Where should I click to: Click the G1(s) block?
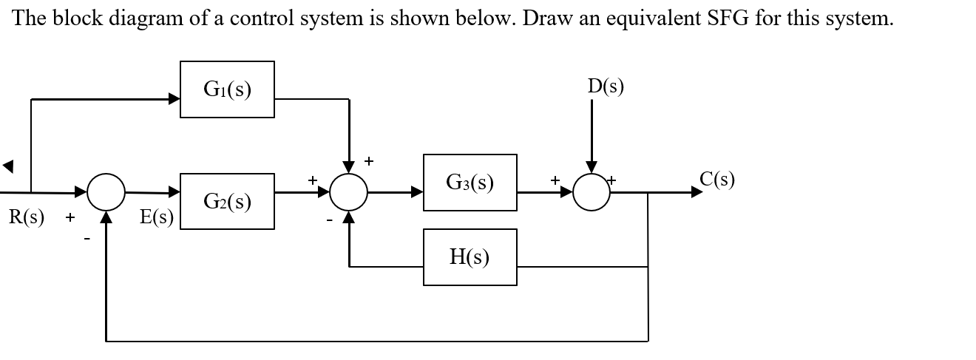point(227,89)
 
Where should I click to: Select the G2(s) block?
point(227,201)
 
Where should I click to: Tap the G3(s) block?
point(470,182)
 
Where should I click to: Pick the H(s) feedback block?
point(470,257)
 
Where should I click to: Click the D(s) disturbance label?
point(606,86)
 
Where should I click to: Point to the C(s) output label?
point(716,179)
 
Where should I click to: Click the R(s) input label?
point(27,217)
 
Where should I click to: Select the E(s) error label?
point(156,217)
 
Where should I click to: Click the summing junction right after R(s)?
point(106,192)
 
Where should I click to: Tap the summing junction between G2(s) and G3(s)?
point(348,192)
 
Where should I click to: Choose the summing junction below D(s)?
point(591,192)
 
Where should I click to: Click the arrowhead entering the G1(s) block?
point(174,98)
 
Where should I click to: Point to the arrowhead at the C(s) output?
point(697,192)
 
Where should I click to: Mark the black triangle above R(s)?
point(8,166)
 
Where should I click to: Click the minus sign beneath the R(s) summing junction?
point(87,238)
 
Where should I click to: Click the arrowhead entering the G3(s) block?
point(418,192)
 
